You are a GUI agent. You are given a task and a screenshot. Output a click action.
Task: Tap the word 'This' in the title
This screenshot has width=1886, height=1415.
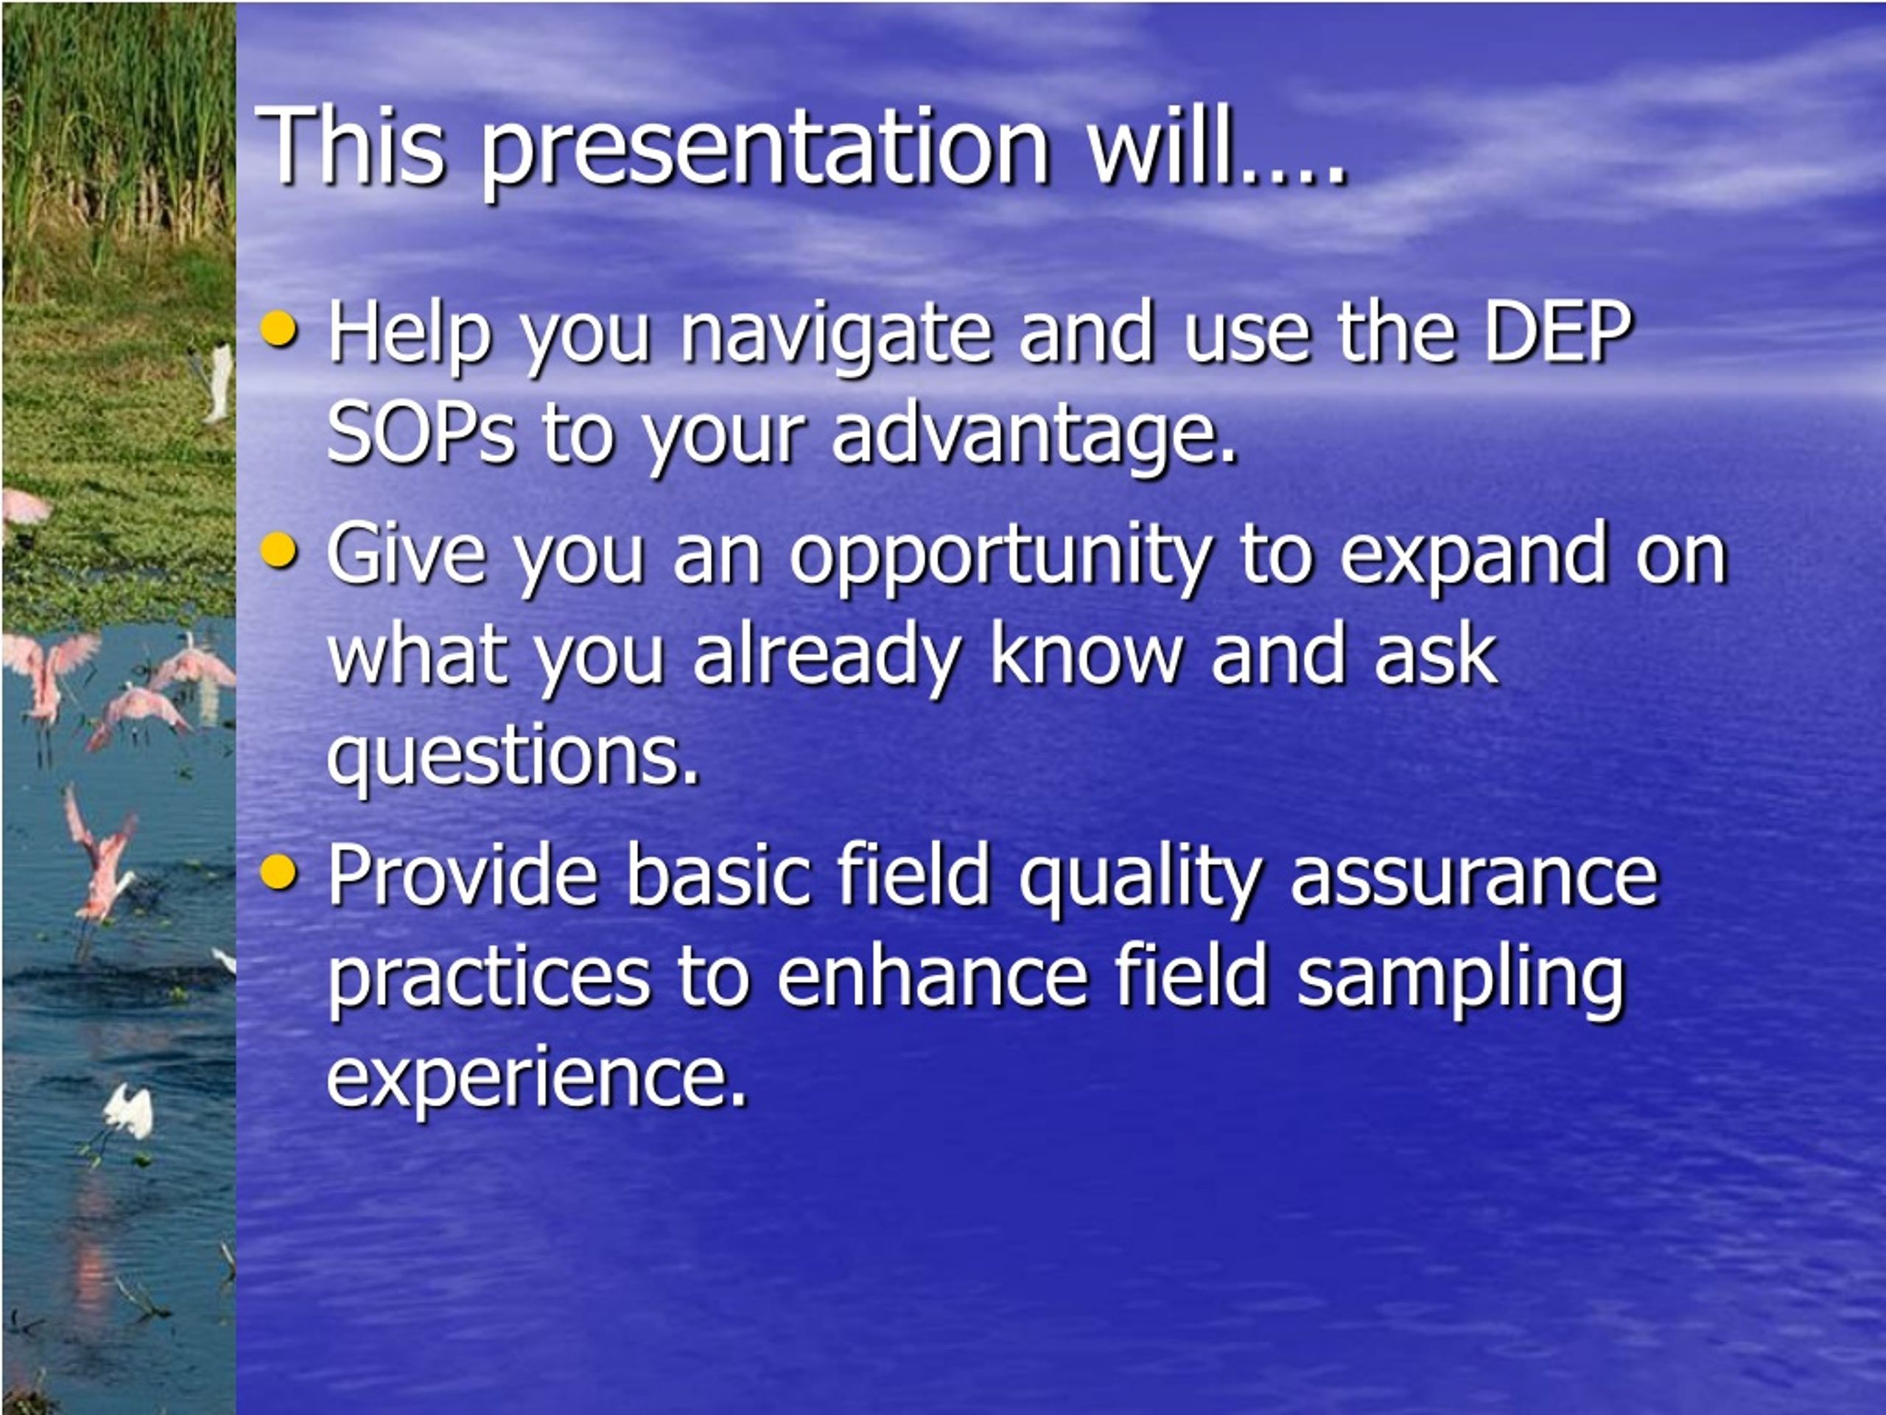click(350, 143)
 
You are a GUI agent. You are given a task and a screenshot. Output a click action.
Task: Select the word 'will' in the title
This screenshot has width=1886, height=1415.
click(1160, 142)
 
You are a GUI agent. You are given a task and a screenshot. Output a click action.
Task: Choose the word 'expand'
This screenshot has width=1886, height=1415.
click(1473, 559)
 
